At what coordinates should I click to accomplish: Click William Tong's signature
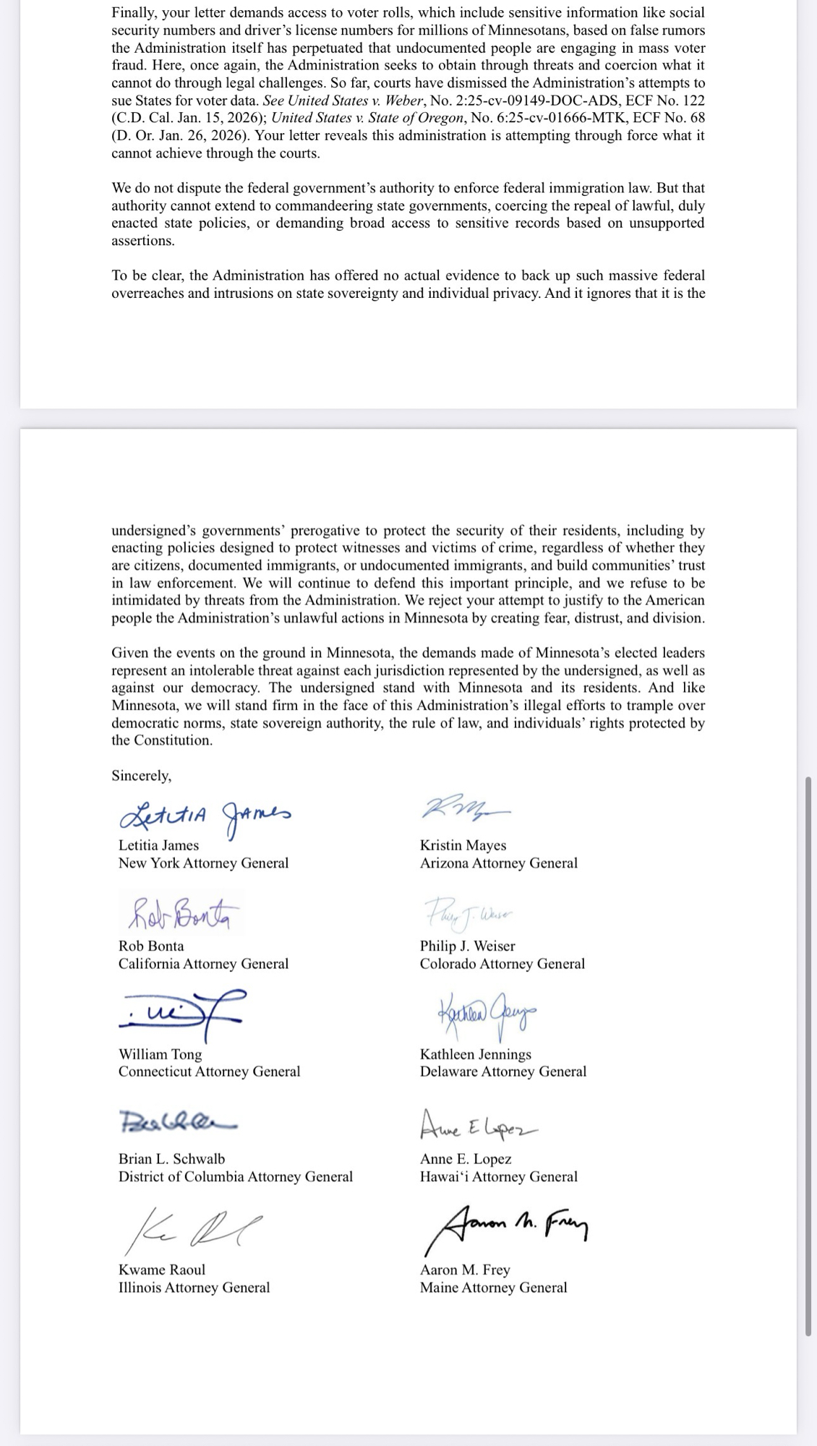point(181,1015)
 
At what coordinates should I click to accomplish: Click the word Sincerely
point(142,776)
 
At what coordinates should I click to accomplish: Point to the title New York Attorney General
point(203,863)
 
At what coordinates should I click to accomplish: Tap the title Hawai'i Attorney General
point(498,1176)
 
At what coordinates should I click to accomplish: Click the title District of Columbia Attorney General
point(235,1176)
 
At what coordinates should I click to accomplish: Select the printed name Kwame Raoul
point(161,1270)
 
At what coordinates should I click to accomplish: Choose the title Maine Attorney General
point(493,1288)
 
